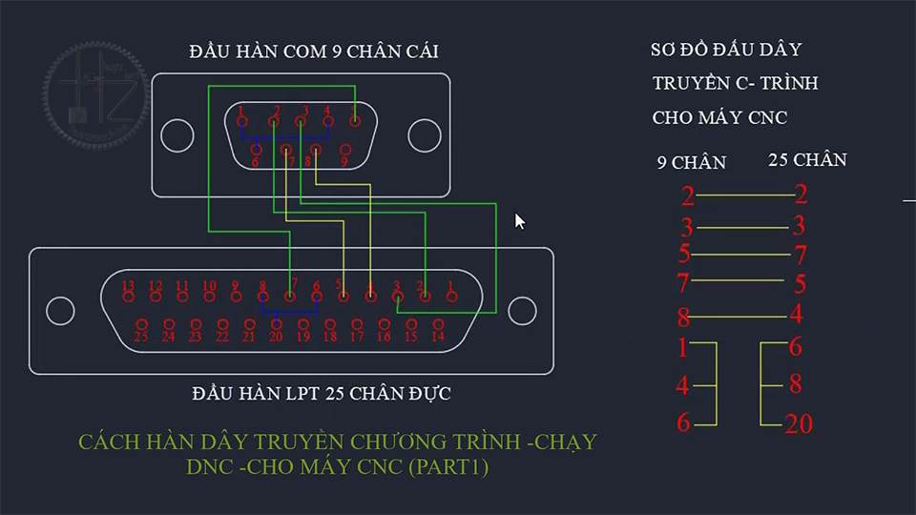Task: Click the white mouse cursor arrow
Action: [x=519, y=221]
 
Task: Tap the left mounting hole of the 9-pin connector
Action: [x=177, y=135]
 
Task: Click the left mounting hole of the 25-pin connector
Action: [x=60, y=310]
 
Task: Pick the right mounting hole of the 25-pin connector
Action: [x=522, y=310]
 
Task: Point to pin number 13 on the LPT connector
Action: [x=129, y=298]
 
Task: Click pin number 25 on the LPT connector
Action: [x=141, y=324]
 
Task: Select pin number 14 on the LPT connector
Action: [x=438, y=324]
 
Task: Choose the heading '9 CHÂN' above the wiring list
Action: [x=691, y=163]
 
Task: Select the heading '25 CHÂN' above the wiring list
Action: [x=807, y=160]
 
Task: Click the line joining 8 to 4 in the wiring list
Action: [x=741, y=316]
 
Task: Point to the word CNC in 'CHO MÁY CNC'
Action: [x=766, y=118]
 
